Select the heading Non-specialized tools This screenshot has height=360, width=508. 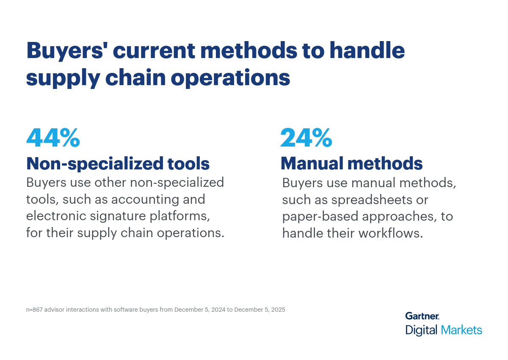tap(118, 163)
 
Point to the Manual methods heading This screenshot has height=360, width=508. tap(351, 163)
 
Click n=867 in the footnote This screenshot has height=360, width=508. tap(34, 310)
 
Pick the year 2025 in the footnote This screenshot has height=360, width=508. tap(277, 310)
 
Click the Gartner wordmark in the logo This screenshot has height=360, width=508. tap(422, 316)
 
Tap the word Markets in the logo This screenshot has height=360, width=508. tap(461, 330)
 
